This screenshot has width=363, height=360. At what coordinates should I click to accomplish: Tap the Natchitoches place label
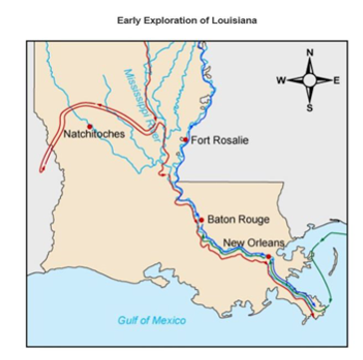[95, 134]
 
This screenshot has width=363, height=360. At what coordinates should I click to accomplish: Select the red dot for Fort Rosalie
[183, 141]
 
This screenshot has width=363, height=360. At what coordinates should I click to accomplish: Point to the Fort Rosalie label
[219, 141]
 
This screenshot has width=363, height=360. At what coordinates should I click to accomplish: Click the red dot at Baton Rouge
[199, 219]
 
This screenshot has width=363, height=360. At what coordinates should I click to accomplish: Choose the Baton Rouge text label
[238, 219]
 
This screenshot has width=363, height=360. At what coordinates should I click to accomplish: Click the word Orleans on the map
[268, 242]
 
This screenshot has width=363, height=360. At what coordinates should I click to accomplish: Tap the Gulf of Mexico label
[152, 320]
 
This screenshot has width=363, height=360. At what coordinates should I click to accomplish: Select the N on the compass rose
[309, 52]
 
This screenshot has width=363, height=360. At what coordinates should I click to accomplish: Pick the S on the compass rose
[309, 106]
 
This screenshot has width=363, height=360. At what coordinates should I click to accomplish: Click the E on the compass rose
[336, 79]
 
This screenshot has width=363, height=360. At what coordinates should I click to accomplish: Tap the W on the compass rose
[281, 79]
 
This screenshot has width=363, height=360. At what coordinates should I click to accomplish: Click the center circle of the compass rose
[309, 79]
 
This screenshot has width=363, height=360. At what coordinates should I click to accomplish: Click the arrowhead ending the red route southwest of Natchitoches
[43, 170]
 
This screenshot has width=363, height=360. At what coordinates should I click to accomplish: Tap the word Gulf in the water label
[129, 320]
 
